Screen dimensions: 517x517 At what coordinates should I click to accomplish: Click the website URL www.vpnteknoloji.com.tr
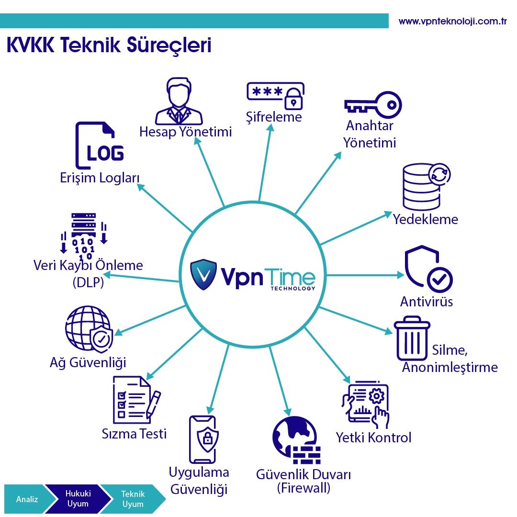pyautogui.click(x=452, y=22)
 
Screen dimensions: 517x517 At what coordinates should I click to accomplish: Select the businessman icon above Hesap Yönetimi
pyautogui.click(x=178, y=101)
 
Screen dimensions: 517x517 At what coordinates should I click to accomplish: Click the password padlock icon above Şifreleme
pyautogui.click(x=275, y=95)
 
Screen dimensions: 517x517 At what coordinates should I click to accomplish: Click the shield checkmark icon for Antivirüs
pyautogui.click(x=427, y=269)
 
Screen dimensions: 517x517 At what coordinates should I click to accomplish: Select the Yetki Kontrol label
pyautogui.click(x=373, y=437)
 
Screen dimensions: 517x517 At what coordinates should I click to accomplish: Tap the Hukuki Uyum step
pyautogui.click(x=78, y=499)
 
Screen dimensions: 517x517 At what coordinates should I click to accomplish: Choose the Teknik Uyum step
pyautogui.click(x=133, y=499)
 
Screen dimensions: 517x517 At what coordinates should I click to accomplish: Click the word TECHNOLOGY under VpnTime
pyautogui.click(x=292, y=289)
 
